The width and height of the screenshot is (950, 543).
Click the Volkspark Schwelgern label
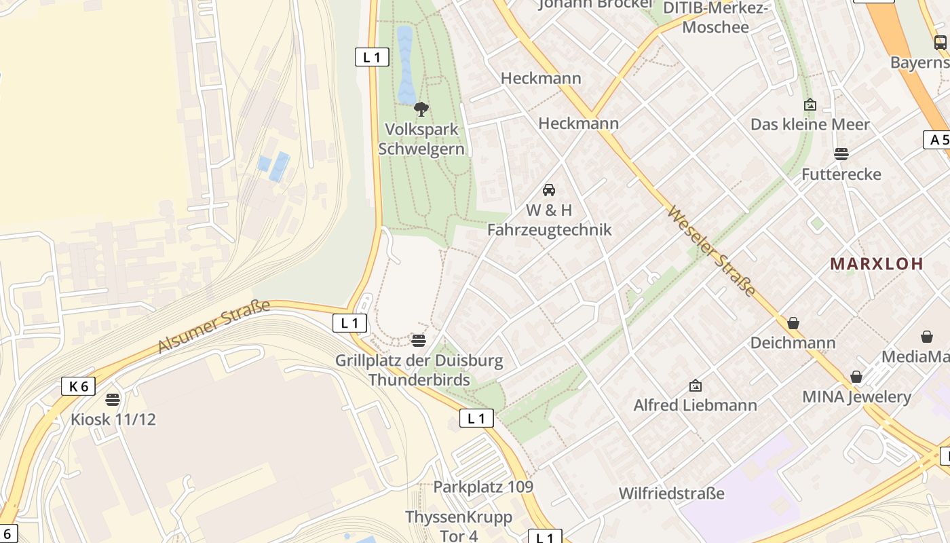point(421,139)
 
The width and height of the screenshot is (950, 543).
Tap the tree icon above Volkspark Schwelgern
point(421,109)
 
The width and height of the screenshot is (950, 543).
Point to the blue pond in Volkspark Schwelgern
point(405,64)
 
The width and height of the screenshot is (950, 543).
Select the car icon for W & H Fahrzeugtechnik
point(549,190)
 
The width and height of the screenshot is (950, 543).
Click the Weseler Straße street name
point(711,251)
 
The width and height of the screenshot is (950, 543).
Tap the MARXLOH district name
point(877,264)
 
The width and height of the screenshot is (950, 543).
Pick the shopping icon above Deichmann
point(793,323)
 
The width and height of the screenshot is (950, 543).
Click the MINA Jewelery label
point(856,396)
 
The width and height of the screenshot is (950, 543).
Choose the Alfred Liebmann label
point(695,405)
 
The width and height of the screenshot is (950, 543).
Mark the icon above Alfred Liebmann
point(695,386)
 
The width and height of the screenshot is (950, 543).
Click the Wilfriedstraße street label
point(671,493)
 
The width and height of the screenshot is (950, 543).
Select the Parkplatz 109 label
point(483,487)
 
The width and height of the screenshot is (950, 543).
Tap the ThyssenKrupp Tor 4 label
point(459,527)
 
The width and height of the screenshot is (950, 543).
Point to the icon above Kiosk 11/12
point(113,399)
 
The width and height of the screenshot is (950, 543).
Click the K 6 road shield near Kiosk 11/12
point(78,386)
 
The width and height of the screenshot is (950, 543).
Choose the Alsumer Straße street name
point(214,326)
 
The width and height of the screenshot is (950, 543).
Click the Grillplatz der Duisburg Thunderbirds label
point(419,370)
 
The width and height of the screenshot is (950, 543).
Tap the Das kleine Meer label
point(810,125)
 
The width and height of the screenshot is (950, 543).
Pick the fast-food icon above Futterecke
point(841,154)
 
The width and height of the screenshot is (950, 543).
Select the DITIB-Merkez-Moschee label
point(715,18)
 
